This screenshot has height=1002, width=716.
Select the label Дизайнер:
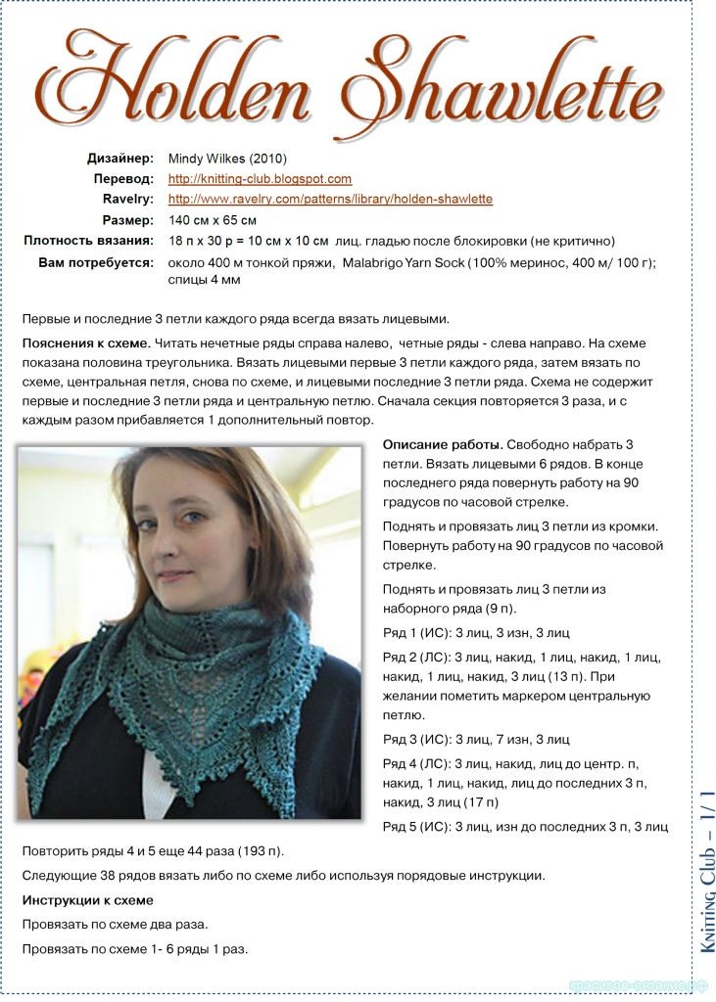[119, 158]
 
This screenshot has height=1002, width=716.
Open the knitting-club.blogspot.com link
[260, 179]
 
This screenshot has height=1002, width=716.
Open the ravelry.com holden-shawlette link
[330, 200]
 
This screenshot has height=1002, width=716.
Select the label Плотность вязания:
[88, 241]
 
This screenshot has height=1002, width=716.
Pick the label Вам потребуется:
[96, 262]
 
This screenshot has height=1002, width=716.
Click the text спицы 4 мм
[205, 280]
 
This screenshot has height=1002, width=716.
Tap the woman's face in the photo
[186, 528]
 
